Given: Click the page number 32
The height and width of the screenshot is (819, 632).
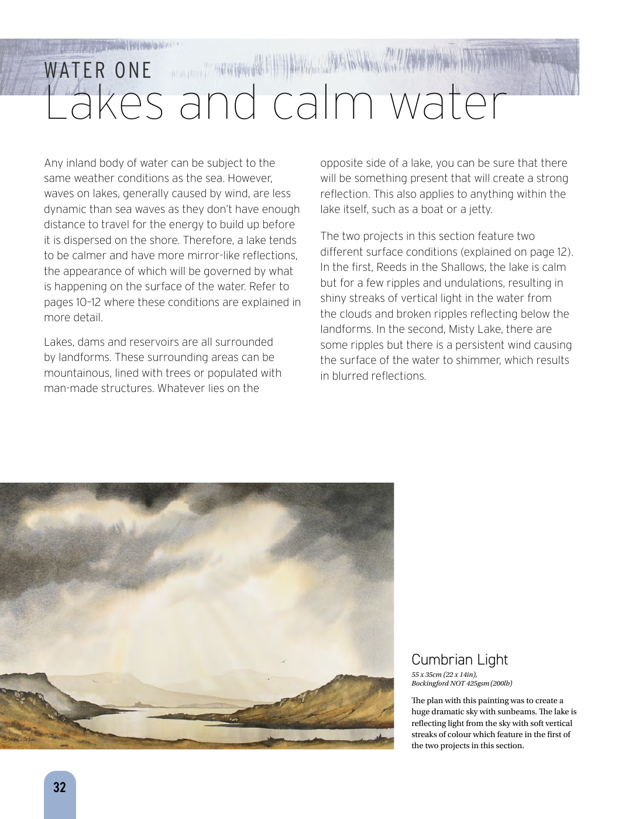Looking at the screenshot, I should coord(60,787).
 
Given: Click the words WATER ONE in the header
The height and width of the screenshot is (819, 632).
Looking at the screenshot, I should coord(98,71).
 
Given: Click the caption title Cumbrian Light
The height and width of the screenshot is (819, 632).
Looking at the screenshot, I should coord(459,659).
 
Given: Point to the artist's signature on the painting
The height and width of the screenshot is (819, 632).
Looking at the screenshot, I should coord(18,740).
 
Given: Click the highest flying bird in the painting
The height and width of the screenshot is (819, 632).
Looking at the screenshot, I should coord(284,662).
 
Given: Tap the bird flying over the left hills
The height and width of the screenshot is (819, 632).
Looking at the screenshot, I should coord(92,680).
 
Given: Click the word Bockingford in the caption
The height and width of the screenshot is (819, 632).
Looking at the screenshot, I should coord(431,683).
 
